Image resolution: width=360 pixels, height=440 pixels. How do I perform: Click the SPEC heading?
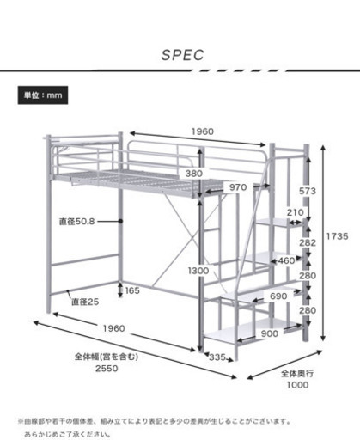tap(183, 55)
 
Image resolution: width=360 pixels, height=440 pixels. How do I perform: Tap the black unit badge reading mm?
tap(43, 95)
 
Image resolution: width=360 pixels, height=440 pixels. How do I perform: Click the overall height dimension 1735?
tap(338, 236)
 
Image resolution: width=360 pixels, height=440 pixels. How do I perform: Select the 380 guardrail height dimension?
tap(194, 174)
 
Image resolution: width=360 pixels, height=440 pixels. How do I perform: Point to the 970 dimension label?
tap(238, 187)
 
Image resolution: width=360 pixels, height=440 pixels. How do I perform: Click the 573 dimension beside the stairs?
tap(308, 191)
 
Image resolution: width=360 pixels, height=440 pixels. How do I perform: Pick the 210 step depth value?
tap(296, 212)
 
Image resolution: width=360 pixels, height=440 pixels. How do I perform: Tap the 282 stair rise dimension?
tap(308, 242)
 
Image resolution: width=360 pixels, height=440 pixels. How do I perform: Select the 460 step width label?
tap(286, 260)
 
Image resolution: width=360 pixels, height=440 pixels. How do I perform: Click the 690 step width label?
tap(278, 296)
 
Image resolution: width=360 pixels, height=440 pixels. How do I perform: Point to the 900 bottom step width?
tap(270, 333)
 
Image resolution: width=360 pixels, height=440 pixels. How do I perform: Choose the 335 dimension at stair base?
tap(217, 357)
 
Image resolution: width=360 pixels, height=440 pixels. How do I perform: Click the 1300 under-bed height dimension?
tap(198, 271)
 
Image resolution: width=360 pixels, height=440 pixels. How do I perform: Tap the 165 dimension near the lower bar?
tap(132, 290)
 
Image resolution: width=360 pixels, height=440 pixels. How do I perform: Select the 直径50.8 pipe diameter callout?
tap(76, 222)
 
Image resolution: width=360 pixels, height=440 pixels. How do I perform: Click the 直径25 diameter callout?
tap(85, 302)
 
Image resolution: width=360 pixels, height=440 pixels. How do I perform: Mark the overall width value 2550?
tap(107, 369)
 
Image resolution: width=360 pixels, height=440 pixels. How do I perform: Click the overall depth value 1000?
tap(297, 385)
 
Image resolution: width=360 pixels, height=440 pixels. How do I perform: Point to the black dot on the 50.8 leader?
tap(120, 222)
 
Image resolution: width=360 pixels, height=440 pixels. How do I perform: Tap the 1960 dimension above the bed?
tap(203, 131)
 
